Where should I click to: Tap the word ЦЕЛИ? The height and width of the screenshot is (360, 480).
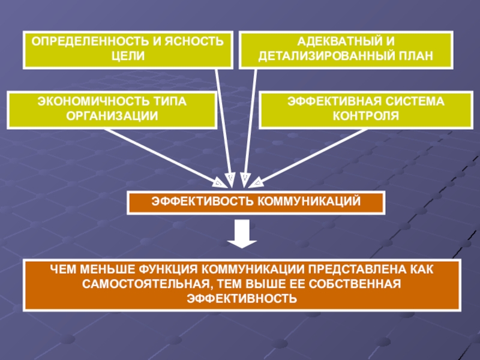tap(128, 56)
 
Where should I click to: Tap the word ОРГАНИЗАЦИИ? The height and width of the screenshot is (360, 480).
tap(112, 116)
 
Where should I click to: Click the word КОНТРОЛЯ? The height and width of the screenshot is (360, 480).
tap(366, 116)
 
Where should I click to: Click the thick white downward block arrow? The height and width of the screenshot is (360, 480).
tap(242, 233)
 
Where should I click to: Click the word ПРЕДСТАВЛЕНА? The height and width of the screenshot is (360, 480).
tap(358, 269)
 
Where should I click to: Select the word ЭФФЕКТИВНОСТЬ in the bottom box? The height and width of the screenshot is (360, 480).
tap(242, 299)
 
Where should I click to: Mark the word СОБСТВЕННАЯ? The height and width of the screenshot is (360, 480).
tap(355, 284)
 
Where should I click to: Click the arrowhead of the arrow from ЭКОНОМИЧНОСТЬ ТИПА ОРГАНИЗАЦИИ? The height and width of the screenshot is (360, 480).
tap(220, 183)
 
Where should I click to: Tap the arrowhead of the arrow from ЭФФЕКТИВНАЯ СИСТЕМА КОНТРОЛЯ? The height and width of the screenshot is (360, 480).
tap(256, 183)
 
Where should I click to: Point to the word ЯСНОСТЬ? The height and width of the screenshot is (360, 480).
tap(194, 41)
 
